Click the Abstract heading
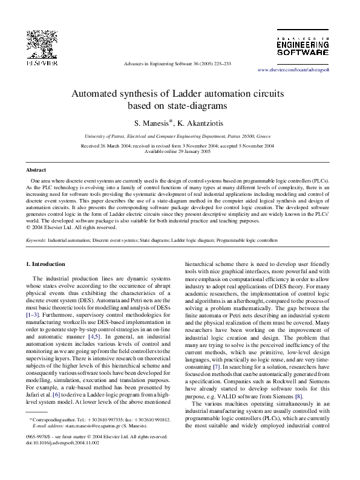click(x=36, y=171)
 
